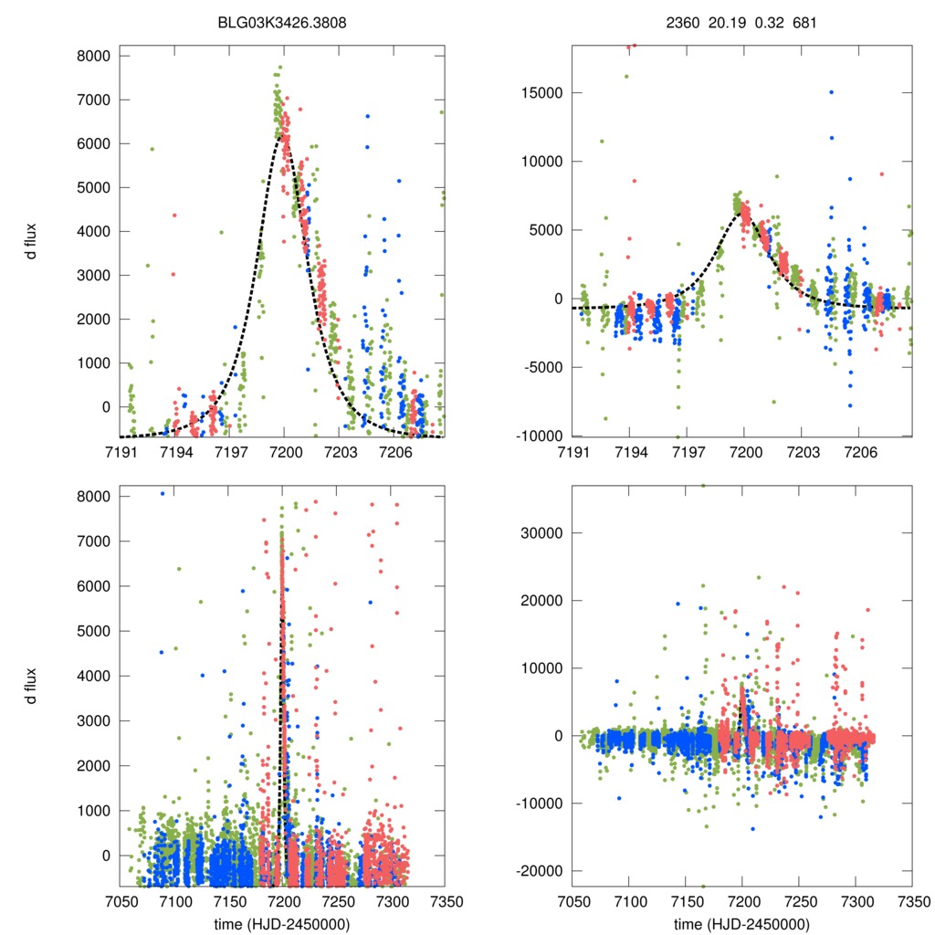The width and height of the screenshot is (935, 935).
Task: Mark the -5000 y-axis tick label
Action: click(x=542, y=367)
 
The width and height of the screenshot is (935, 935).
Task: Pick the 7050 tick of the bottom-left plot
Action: click(x=121, y=900)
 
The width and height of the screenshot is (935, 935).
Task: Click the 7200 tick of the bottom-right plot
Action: click(x=742, y=900)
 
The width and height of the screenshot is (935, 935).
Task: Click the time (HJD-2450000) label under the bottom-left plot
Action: click(x=282, y=923)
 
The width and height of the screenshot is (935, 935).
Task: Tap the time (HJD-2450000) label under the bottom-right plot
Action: click(x=741, y=923)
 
